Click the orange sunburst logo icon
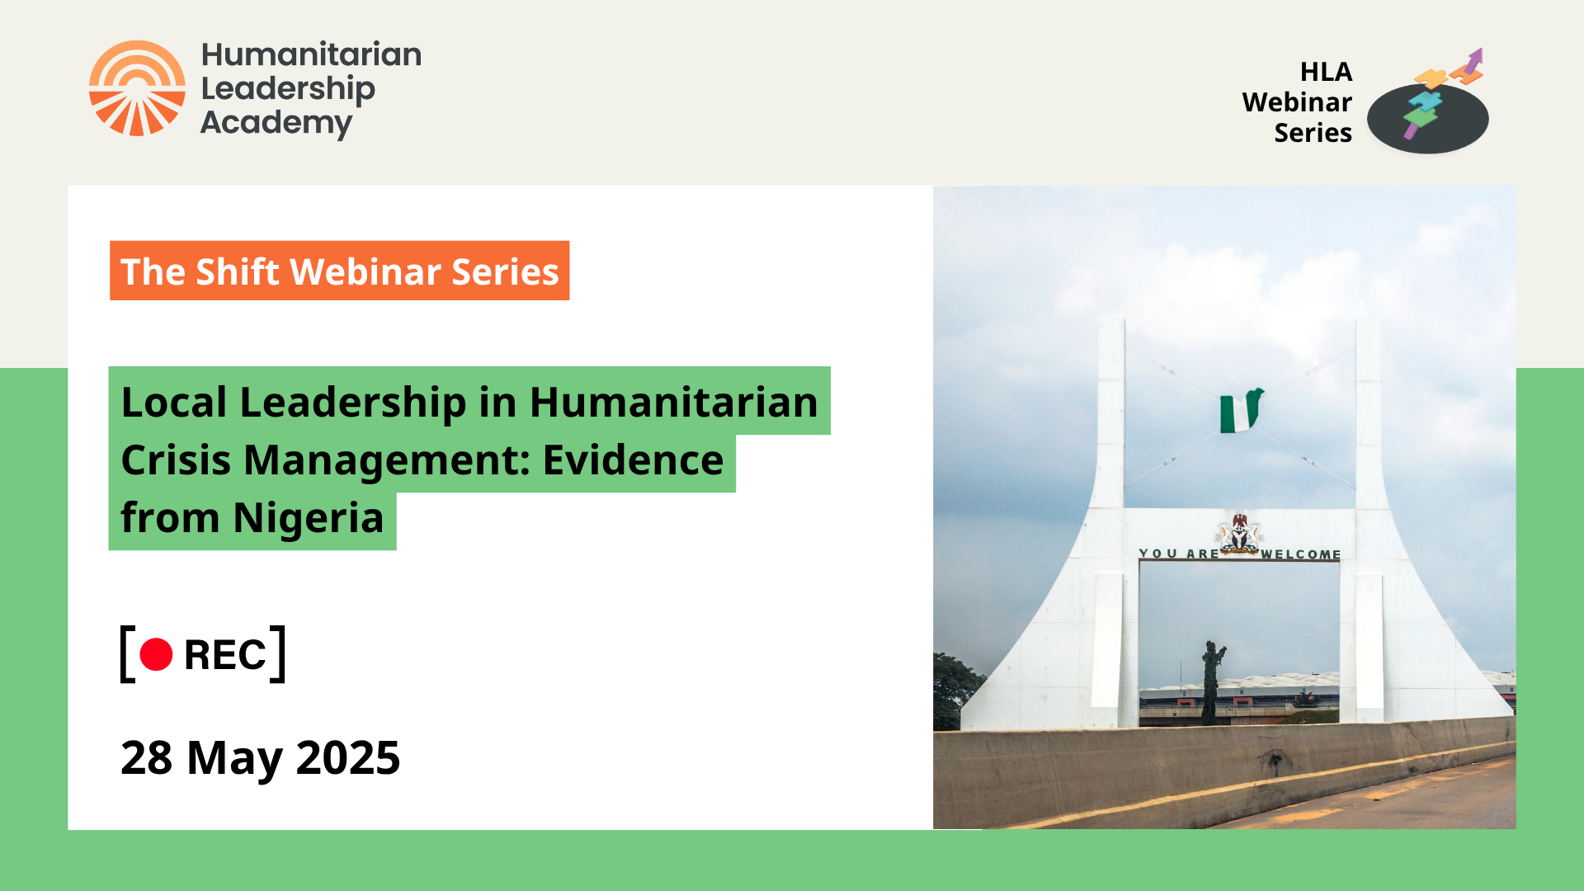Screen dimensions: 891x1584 (x=137, y=88)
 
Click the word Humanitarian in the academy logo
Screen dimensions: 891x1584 (x=311, y=54)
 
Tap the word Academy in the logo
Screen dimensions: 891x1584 (x=276, y=123)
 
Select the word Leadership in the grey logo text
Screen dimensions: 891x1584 (x=288, y=88)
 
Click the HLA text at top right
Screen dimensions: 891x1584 (x=1326, y=72)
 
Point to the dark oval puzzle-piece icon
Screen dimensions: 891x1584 (x=1427, y=118)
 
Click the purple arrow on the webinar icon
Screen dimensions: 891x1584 (x=1472, y=64)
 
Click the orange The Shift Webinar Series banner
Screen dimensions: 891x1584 (x=339, y=271)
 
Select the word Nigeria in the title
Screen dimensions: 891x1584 (x=308, y=518)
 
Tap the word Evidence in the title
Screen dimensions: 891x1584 (x=633, y=460)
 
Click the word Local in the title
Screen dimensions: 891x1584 (x=173, y=403)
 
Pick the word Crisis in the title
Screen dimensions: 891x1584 (x=176, y=460)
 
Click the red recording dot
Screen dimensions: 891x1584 (x=156, y=655)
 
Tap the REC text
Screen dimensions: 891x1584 (x=224, y=656)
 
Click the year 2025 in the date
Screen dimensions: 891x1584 (x=347, y=757)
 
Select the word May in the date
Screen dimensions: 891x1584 (x=234, y=757)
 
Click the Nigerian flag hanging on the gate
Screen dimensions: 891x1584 (x=1240, y=411)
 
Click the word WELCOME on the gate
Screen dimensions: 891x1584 (x=1300, y=554)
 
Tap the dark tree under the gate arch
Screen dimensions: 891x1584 (x=1211, y=681)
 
